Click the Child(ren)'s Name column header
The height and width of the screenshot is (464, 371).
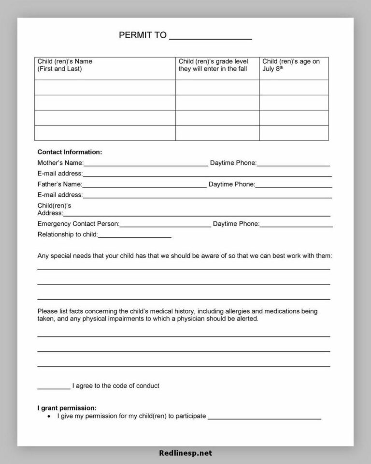65,65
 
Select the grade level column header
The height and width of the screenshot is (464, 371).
213,65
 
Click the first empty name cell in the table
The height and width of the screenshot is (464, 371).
105,87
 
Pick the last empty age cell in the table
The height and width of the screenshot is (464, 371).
294,133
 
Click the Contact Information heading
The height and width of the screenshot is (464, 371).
70,152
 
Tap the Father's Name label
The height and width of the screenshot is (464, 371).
59,184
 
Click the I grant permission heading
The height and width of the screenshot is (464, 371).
67,408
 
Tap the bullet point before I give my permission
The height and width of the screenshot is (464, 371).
49,416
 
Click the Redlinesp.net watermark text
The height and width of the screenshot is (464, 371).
185,453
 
